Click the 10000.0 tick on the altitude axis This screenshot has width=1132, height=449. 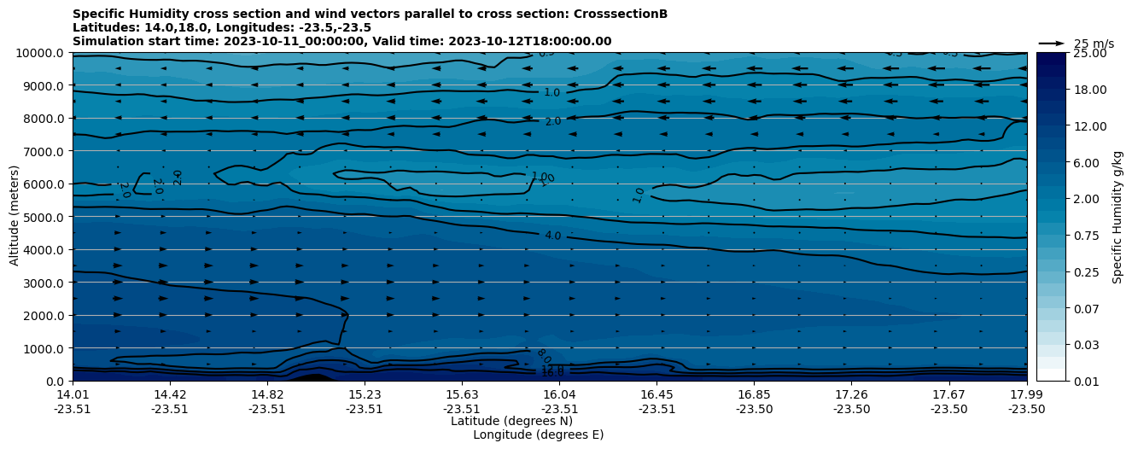41,53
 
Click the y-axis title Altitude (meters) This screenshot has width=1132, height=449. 15,216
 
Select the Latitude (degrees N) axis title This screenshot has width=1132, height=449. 511,421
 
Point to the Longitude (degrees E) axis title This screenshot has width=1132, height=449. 538,434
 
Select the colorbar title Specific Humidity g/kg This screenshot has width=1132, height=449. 1117,217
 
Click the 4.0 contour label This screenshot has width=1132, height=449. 552,236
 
